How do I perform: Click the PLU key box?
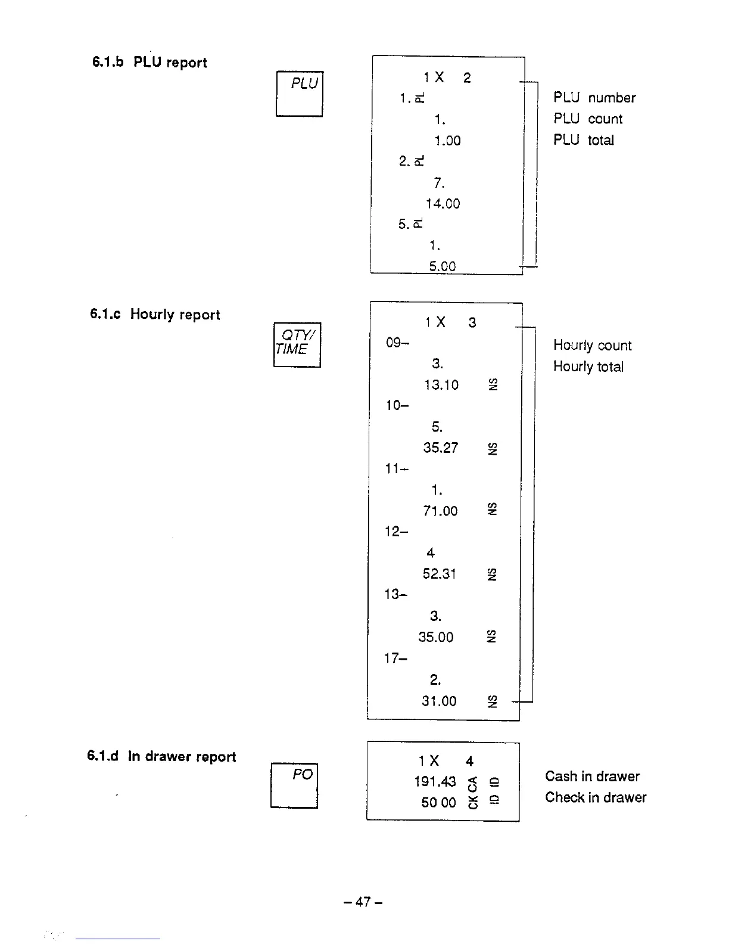(300, 94)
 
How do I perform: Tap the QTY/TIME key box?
(297, 344)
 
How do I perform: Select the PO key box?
(294, 785)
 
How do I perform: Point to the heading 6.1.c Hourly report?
(155, 314)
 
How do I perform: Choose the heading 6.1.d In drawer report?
(161, 756)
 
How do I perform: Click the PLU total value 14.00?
(443, 204)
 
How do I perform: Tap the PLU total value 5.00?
(442, 266)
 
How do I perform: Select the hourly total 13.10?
(441, 385)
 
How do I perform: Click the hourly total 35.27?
(441, 448)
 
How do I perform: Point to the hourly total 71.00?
(440, 511)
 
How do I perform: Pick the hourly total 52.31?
(439, 573)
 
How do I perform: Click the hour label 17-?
(396, 659)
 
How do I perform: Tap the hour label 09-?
(397, 343)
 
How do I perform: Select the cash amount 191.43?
(435, 781)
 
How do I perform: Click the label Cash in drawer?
(592, 776)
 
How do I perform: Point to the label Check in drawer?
(596, 797)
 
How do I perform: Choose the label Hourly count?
(592, 345)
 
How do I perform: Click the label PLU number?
(594, 98)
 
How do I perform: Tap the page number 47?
(363, 902)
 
